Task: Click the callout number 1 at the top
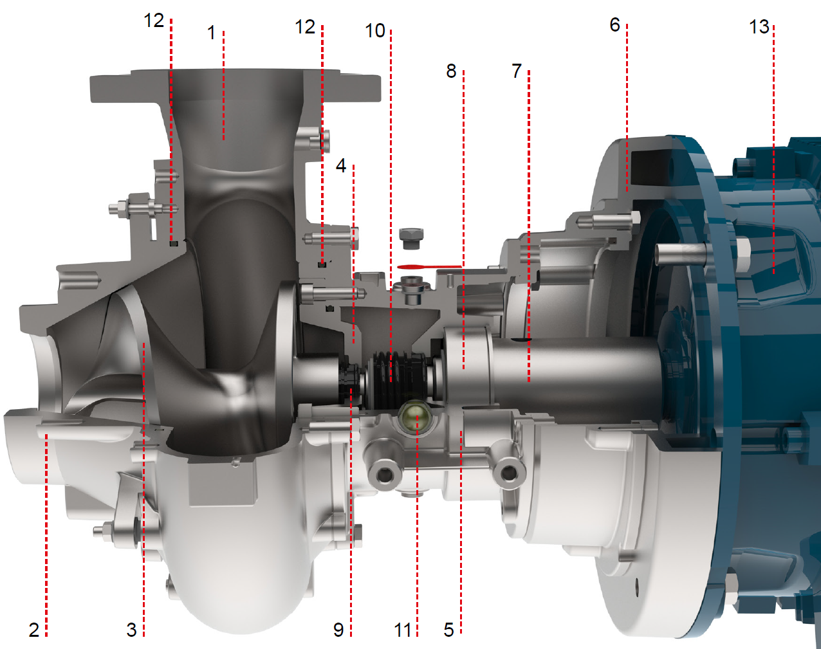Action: [211, 33]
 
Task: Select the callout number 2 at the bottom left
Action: [34, 630]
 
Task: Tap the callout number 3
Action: [132, 630]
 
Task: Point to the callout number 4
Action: [341, 166]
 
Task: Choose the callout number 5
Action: [448, 630]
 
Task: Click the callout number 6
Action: [614, 25]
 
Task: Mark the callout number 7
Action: [517, 71]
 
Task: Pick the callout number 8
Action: [451, 71]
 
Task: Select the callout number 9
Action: [338, 630]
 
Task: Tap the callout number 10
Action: [375, 31]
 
